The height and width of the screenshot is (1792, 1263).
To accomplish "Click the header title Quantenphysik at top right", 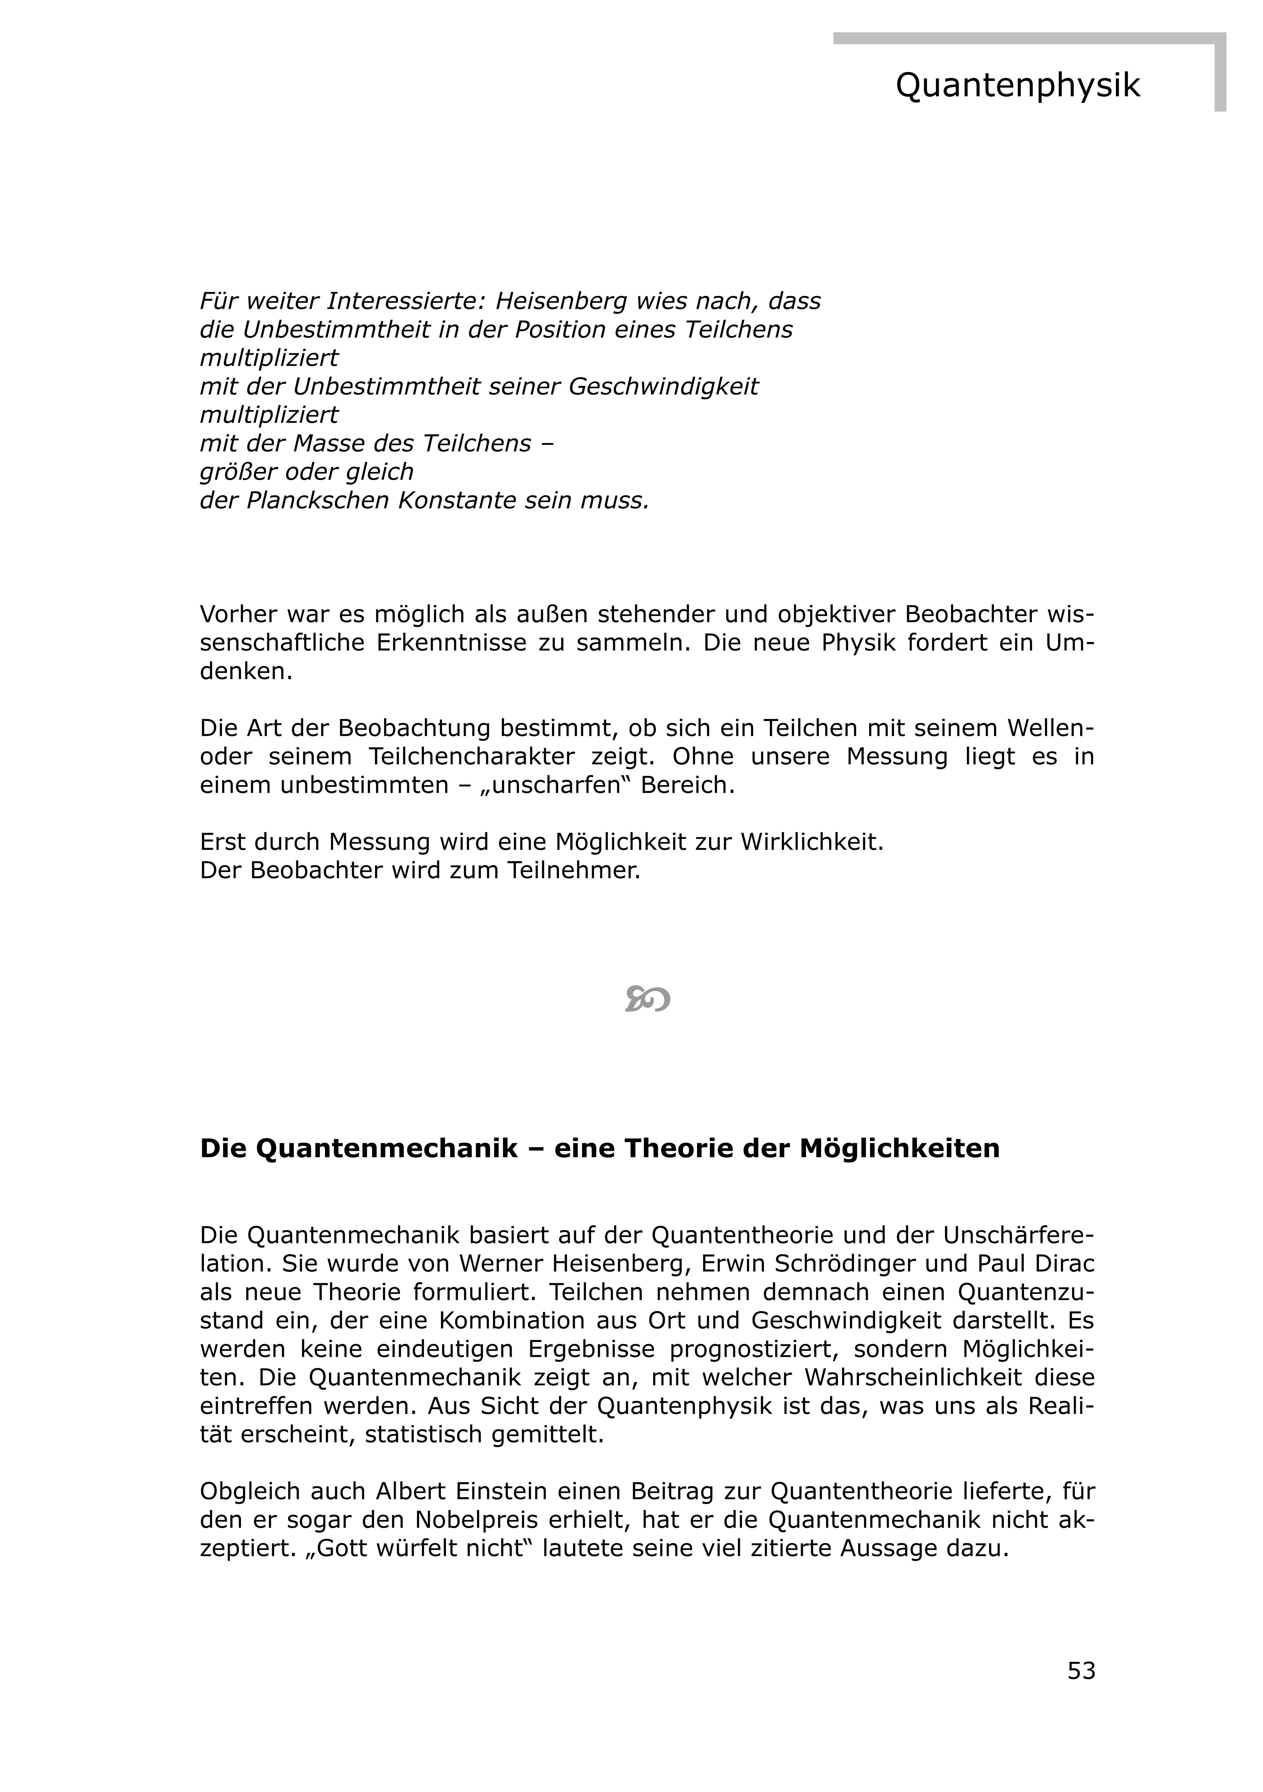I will [1017, 85].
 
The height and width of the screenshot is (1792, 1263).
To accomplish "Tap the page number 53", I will [1081, 1670].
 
